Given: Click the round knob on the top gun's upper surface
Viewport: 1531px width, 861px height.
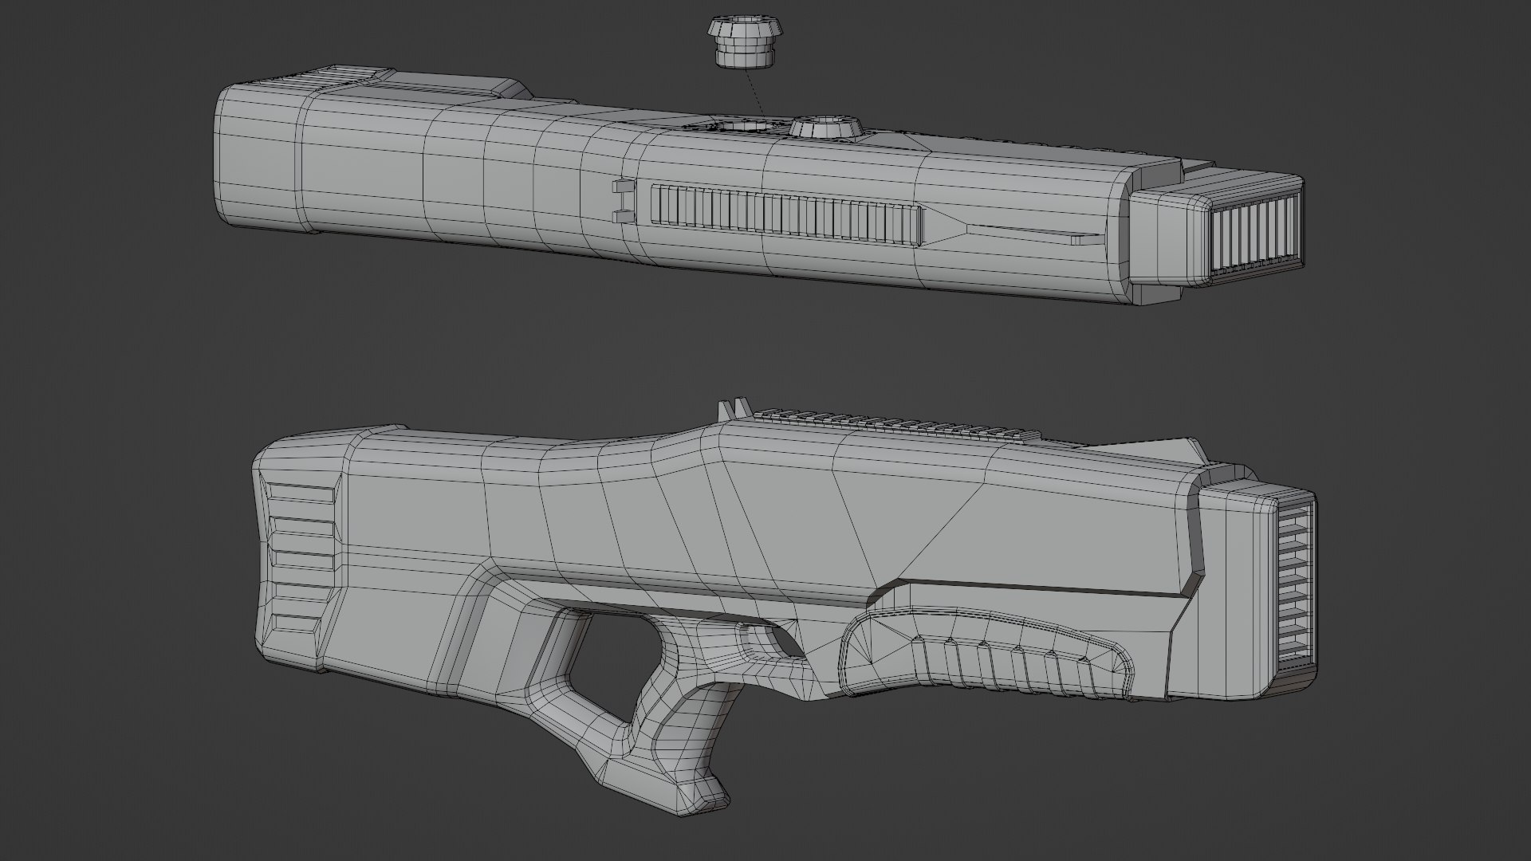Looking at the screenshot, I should (826, 128).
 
